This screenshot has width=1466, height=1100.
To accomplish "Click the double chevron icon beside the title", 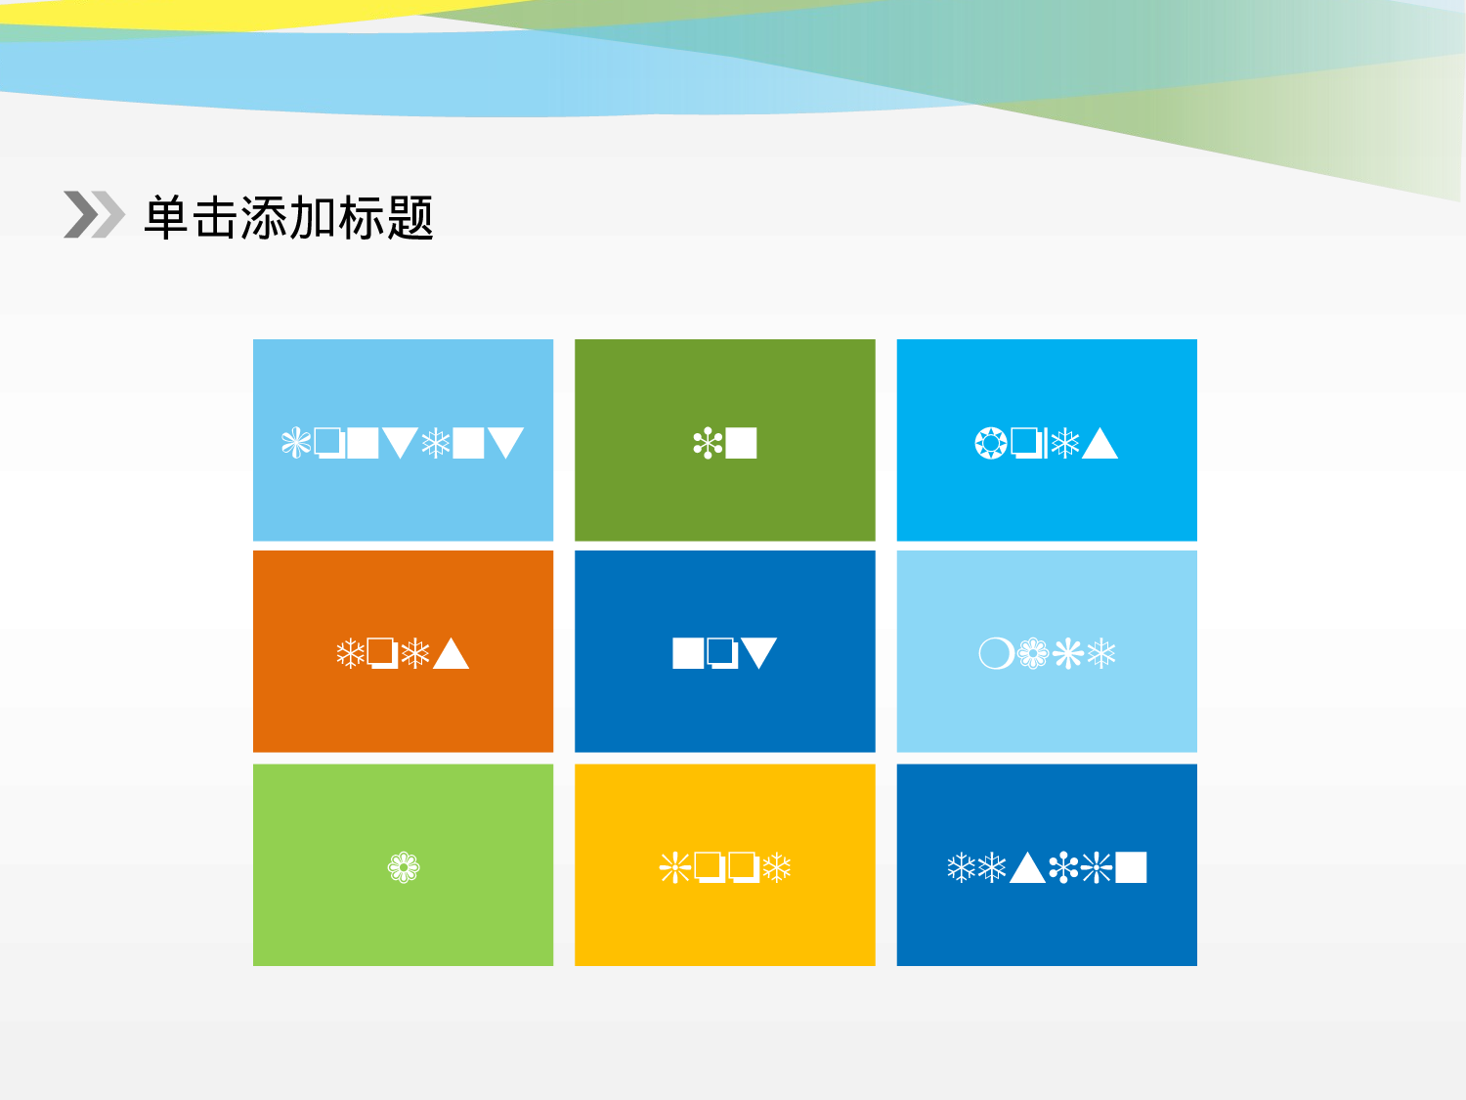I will tap(94, 214).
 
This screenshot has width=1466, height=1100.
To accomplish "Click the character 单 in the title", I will tap(166, 217).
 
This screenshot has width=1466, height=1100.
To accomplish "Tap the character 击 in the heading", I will tap(215, 217).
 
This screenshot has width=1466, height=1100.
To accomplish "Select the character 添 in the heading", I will tap(264, 217).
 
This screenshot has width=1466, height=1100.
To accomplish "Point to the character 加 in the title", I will tap(313, 217).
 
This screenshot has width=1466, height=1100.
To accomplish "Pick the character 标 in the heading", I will tap(362, 217).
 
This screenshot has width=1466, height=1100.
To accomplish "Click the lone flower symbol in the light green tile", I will tap(404, 867).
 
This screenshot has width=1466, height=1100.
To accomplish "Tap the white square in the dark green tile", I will tap(741, 443).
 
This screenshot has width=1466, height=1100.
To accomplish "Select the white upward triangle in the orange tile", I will tap(451, 653).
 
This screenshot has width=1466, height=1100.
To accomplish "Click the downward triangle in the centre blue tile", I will tap(758, 652).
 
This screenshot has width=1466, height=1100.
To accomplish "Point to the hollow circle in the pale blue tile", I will tap(996, 653).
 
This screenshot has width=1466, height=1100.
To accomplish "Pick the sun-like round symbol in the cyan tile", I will tap(990, 443).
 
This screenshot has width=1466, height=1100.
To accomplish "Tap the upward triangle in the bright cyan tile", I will tap(1099, 445).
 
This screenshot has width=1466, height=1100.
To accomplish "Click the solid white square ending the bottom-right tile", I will tap(1131, 867).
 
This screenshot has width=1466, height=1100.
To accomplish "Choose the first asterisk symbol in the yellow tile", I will tap(675, 867).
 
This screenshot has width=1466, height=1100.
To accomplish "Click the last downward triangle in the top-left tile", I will tap(505, 443).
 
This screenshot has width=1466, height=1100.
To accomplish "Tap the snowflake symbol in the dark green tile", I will tap(707, 444).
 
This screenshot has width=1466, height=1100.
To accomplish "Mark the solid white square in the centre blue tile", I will tap(688, 653).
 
